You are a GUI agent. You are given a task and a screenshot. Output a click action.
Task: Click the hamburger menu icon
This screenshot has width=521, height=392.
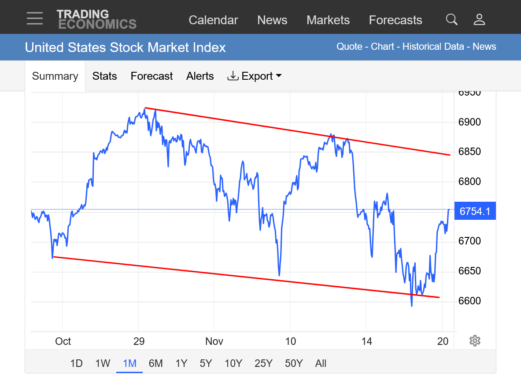35,18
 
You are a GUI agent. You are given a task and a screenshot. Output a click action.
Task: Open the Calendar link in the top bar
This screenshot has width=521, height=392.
213,20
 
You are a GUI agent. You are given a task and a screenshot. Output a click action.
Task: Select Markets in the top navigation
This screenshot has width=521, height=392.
328,20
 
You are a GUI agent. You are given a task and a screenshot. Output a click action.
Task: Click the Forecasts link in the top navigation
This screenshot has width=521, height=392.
395,20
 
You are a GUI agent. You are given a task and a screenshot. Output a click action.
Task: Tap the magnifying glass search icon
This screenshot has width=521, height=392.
451,19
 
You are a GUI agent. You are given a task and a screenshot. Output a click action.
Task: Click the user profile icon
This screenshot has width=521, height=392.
479,19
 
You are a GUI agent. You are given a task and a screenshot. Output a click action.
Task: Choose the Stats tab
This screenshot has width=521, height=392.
104,76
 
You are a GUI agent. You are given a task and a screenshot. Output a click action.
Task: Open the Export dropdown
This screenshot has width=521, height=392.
255,76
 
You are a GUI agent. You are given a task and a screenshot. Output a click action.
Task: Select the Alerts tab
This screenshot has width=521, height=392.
200,76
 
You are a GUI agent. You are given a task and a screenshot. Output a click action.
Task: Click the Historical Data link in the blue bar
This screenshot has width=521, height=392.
433,47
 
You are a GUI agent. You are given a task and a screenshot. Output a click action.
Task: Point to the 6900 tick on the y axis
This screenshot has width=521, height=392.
469,122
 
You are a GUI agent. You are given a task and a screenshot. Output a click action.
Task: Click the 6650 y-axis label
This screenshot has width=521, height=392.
469,271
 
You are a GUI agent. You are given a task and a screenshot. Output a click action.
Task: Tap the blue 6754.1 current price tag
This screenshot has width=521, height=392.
475,211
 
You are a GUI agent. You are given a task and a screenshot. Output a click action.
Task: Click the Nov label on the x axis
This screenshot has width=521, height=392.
214,341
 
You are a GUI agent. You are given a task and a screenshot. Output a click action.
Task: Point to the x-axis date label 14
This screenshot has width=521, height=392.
366,341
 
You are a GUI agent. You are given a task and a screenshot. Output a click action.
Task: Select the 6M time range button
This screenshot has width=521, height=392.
155,363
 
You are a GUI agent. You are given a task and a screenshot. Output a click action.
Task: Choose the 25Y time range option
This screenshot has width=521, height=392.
263,363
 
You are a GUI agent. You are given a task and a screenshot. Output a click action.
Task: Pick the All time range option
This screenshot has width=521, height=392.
321,363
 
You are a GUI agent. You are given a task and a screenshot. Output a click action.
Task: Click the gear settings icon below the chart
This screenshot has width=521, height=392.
475,340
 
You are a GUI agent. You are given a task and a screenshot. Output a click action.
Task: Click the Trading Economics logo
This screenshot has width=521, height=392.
96,19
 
